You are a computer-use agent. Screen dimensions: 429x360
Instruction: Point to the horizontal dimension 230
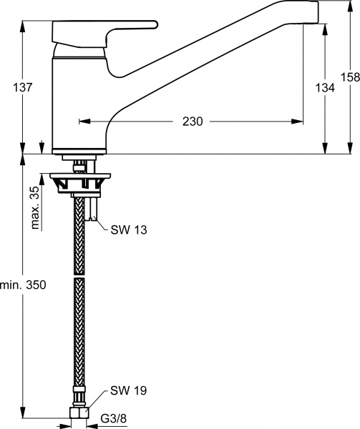click(x=192, y=122)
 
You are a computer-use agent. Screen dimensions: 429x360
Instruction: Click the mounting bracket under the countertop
click(x=79, y=183)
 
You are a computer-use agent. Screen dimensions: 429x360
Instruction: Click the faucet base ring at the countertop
click(x=81, y=151)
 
